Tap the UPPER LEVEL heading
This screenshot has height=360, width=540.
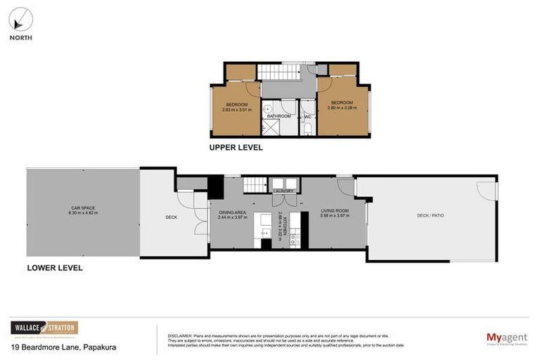[x=236, y=148]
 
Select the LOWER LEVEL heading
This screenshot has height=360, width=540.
[x=54, y=268]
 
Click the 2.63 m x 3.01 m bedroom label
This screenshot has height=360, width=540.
[x=236, y=107]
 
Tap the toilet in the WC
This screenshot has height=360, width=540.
[x=308, y=128]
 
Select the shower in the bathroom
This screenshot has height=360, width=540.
[x=270, y=127]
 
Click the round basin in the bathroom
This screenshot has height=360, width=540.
[x=267, y=109]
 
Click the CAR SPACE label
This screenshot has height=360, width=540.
[x=84, y=210]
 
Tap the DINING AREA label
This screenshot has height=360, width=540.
[x=233, y=214]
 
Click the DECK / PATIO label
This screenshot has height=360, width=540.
[x=430, y=215]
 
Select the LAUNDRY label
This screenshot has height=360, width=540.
[x=283, y=191]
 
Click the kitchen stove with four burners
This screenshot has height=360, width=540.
[x=295, y=240]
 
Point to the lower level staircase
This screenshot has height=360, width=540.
[x=255, y=186]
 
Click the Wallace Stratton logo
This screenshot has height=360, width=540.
[x=44, y=328]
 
